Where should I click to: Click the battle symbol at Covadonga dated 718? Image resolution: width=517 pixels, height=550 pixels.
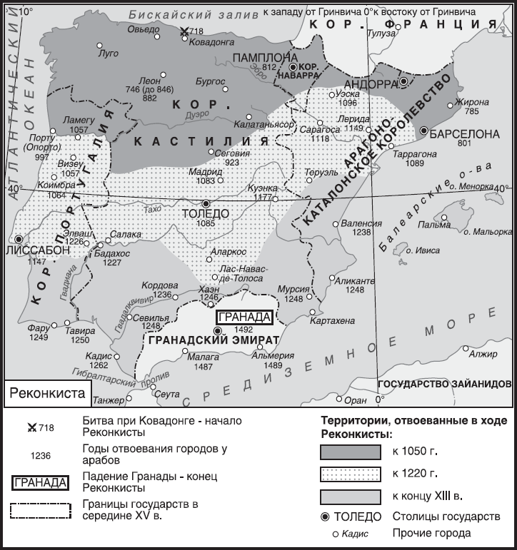click(185, 31)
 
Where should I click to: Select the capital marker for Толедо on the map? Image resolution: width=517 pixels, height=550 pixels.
click(206, 203)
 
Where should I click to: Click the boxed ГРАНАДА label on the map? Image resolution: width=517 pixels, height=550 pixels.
click(244, 317)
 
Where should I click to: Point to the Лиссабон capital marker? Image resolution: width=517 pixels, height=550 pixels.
click(19, 240)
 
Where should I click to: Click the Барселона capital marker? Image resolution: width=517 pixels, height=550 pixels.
click(424, 131)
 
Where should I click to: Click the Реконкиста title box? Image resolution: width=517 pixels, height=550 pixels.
click(47, 392)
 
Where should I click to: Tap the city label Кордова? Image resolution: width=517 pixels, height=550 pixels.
click(156, 284)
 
